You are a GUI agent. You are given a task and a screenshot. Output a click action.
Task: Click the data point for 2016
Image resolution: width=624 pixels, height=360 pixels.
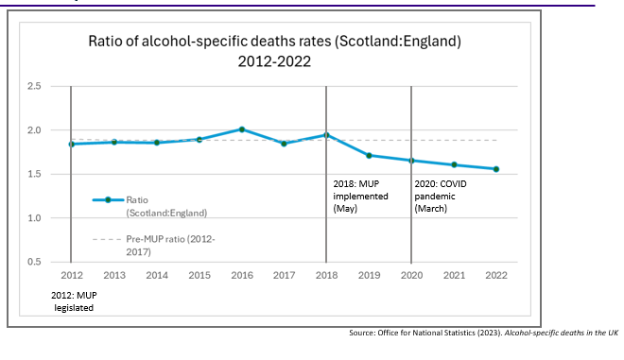click(x=241, y=129)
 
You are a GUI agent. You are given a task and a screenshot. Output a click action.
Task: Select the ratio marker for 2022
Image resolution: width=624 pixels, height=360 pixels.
click(x=496, y=169)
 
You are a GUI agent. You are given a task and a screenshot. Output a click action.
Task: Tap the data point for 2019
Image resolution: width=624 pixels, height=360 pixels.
click(x=369, y=155)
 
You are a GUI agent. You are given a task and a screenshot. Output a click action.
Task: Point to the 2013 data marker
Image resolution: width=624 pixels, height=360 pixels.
click(x=113, y=142)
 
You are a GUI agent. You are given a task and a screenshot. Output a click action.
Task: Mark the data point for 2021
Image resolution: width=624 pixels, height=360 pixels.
click(x=454, y=164)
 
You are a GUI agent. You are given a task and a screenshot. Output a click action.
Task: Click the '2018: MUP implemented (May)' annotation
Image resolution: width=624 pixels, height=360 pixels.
click(x=357, y=194)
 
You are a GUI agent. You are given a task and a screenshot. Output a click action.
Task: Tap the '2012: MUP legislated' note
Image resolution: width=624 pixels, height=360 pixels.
click(x=72, y=300)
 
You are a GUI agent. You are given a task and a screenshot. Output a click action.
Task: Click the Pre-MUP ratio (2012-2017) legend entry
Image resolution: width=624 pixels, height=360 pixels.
click(x=161, y=246)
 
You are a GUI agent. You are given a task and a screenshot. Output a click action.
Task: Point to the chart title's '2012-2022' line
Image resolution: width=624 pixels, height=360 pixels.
click(x=275, y=61)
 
